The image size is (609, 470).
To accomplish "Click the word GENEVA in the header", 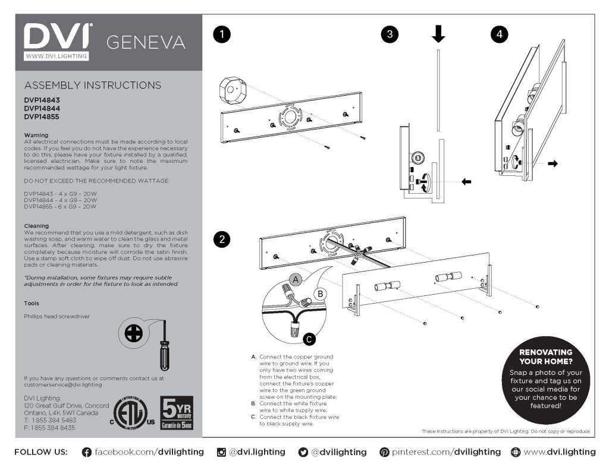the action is (x=146, y=43).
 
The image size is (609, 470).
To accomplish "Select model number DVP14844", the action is (x=42, y=108).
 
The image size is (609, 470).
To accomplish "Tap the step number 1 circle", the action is (x=222, y=34).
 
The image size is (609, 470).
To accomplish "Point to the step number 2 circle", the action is (x=222, y=239).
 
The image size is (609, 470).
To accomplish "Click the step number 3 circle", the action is (x=390, y=34).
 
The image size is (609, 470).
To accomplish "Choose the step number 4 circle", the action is (x=499, y=34).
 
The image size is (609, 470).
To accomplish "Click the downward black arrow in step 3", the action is (x=438, y=34).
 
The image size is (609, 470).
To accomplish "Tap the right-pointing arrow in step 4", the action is (x=553, y=163).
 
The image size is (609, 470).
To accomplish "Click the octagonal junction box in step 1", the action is (x=233, y=91).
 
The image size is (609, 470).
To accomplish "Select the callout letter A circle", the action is (x=296, y=280).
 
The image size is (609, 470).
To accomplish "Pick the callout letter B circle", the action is (x=321, y=294).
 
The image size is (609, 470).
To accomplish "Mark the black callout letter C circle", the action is (x=309, y=339).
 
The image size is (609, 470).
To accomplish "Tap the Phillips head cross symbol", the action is (x=134, y=333).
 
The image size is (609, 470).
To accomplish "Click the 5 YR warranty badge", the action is (x=177, y=413).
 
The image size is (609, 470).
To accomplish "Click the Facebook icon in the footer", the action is (x=87, y=452).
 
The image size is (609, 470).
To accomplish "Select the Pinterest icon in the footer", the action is (x=384, y=452).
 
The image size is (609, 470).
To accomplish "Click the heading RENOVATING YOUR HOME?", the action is (x=546, y=357).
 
